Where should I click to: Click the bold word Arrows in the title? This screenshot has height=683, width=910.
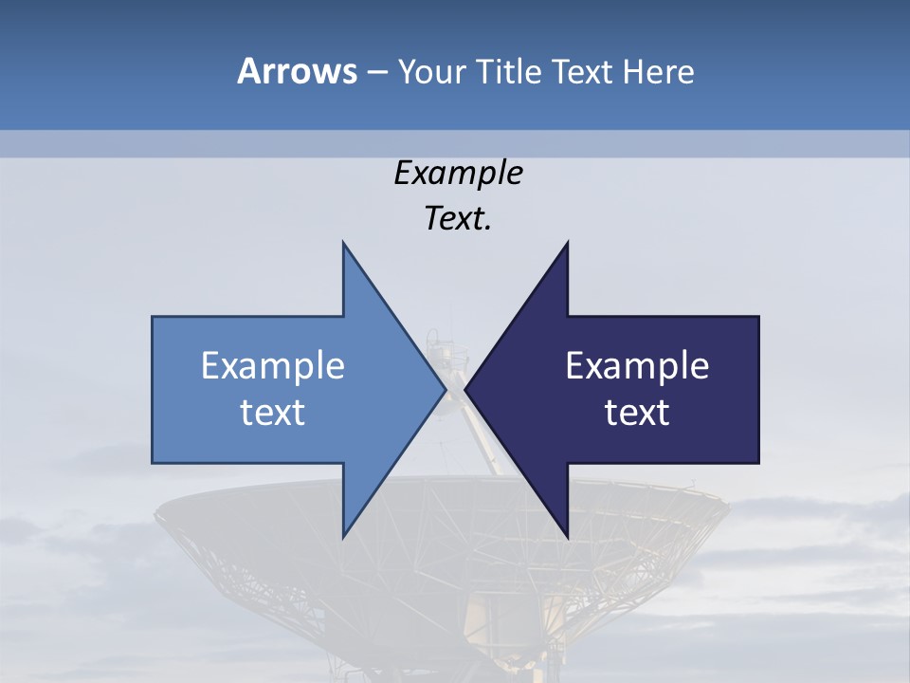coord(297,71)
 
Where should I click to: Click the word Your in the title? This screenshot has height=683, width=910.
coord(431,72)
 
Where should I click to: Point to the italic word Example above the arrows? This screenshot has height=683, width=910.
coord(458,173)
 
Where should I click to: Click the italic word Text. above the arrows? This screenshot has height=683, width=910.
coord(458,218)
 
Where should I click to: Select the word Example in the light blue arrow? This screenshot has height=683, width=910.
coord(273,366)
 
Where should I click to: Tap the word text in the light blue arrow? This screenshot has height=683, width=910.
coord(273,413)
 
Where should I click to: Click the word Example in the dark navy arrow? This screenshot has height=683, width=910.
coord(637,366)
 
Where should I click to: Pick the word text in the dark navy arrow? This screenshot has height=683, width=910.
coord(637,413)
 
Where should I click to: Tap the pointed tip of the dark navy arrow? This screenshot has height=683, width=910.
coord(466,390)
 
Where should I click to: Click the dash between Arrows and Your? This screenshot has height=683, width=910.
coord(376,72)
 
